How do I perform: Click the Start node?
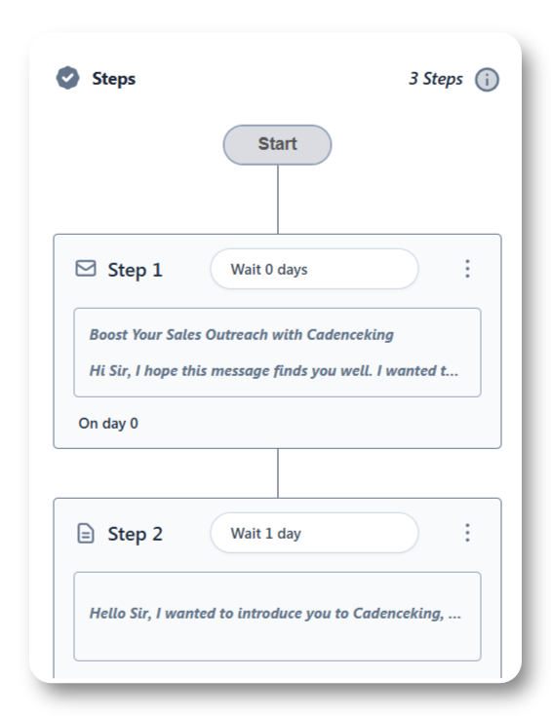point(277,145)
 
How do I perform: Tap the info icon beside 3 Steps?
point(487,80)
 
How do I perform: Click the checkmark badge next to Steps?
point(67,78)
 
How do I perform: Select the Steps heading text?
point(113,79)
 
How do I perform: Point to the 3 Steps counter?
point(435,79)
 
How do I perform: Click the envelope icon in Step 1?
point(86,269)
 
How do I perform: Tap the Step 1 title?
point(135,270)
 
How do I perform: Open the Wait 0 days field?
point(314,269)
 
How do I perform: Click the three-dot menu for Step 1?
point(467,269)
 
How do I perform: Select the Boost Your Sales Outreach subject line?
point(242,335)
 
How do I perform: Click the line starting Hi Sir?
point(273,370)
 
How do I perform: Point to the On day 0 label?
point(108,424)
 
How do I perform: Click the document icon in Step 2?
point(86,534)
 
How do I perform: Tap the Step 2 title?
point(135,534)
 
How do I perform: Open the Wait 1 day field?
point(314,533)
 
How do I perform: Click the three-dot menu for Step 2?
point(467,533)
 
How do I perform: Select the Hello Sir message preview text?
point(275,614)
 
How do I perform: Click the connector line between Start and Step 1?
point(278,200)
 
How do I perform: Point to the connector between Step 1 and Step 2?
point(278,473)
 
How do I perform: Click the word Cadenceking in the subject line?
point(350,335)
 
